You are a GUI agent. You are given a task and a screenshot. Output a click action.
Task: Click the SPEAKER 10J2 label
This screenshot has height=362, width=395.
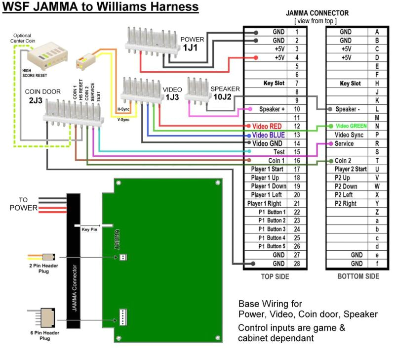click(x=225, y=92)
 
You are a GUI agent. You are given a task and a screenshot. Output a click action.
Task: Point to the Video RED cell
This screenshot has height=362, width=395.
click(x=267, y=127)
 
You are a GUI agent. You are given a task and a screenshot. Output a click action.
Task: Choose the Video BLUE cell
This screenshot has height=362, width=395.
click(x=267, y=135)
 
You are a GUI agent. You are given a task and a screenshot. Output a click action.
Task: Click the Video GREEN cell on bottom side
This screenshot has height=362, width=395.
click(x=351, y=126)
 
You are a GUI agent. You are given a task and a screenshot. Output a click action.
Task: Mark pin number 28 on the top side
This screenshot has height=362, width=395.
click(x=297, y=264)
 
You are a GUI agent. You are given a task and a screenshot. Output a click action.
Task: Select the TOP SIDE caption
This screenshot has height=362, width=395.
click(x=275, y=277)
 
